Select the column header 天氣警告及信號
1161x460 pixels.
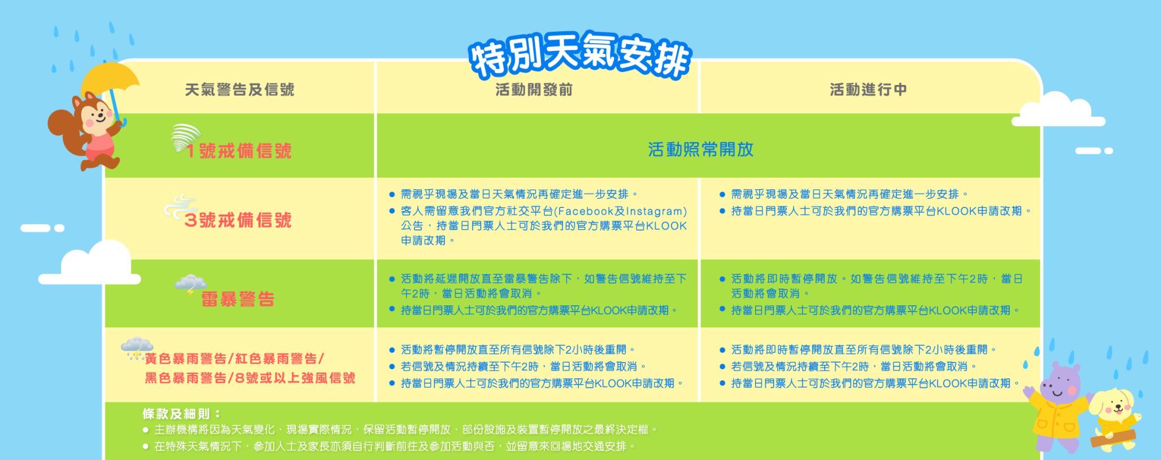pos(240,90)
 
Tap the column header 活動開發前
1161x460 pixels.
pos(534,90)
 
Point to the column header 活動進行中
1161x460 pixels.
pos(868,90)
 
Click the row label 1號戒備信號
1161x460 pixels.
pos(239,151)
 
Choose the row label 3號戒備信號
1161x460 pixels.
pos(238,220)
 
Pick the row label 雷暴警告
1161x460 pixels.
pos(238,299)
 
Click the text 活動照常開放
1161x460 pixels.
pos(701,150)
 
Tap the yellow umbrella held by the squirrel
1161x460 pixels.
pos(111,79)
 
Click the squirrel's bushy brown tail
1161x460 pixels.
pos(61,125)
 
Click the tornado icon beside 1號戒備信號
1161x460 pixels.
pos(185,138)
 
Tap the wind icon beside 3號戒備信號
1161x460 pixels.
pos(180,207)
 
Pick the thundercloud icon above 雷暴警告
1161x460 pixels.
pos(190,284)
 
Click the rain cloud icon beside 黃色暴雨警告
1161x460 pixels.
pos(137,348)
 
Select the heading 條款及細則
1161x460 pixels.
pos(181,414)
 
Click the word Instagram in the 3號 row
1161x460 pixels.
pos(656,211)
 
